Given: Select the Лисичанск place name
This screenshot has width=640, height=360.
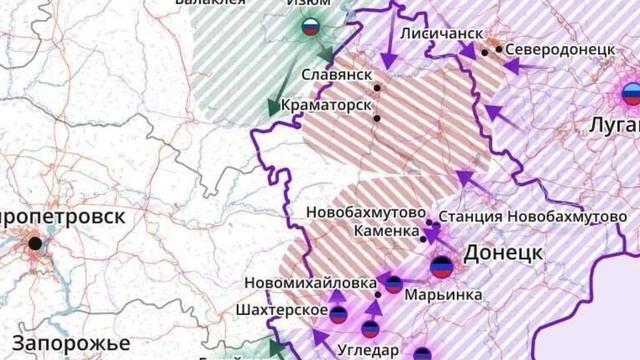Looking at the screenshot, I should (x=436, y=33).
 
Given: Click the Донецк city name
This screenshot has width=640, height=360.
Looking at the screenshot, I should (x=503, y=252).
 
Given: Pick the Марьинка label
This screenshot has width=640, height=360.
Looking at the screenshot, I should (x=443, y=295).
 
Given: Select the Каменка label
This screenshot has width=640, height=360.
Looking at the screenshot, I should (x=386, y=231).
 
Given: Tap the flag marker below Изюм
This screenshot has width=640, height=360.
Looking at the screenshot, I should (x=311, y=28).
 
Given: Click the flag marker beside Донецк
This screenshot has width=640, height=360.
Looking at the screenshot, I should (x=442, y=267).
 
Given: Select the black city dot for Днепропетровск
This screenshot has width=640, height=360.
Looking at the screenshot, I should (x=35, y=243).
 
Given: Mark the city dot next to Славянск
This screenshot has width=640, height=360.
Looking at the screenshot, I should (x=378, y=88).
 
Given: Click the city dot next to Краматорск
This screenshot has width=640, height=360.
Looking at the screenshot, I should (x=377, y=119).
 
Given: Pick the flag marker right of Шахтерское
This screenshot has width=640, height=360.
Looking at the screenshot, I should (x=339, y=315).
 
